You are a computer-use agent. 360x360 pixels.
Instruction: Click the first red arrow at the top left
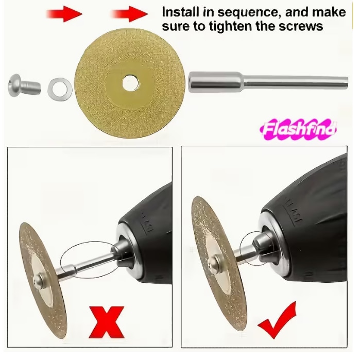(x=64, y=14)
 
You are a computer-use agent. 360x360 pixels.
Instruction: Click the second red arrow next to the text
(x=129, y=14)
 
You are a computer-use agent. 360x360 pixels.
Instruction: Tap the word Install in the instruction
(x=180, y=12)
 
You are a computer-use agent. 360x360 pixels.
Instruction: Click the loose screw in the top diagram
(x=24, y=85)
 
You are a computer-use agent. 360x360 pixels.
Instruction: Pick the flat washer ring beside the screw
(x=60, y=89)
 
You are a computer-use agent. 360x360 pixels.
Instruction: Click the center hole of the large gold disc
(x=130, y=83)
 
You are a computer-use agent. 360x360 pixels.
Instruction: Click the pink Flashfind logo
(x=298, y=129)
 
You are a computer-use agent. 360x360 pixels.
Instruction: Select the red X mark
(x=107, y=322)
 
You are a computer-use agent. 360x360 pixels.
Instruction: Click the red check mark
(x=277, y=320)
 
